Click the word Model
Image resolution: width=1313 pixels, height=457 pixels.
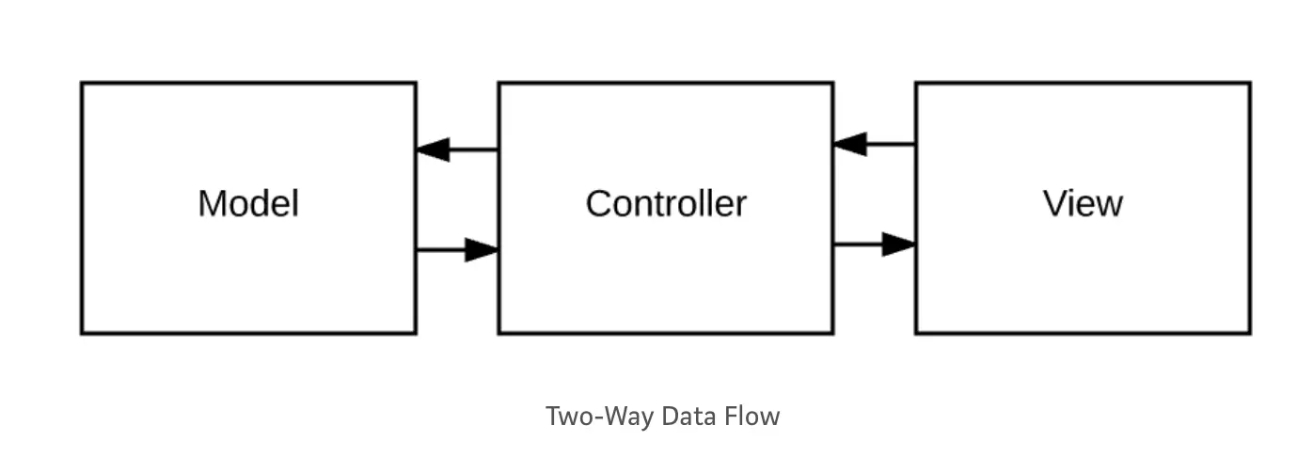click(248, 203)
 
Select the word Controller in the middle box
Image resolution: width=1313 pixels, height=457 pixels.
click(666, 203)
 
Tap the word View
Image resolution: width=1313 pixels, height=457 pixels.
click(1083, 203)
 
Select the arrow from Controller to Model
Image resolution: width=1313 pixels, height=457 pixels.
click(457, 149)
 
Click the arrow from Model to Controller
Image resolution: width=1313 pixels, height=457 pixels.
click(457, 249)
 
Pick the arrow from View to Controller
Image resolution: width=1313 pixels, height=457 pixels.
click(874, 144)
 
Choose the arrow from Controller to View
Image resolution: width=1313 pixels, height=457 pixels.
click(874, 244)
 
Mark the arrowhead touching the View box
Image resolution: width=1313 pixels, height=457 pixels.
click(899, 244)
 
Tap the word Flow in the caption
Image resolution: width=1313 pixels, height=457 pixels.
click(751, 416)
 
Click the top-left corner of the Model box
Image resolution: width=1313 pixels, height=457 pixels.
click(83, 84)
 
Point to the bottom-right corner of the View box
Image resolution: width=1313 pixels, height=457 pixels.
click(1249, 332)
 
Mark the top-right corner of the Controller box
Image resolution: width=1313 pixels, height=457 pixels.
click(831, 84)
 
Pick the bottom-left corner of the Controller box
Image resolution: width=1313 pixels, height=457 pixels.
click(499, 332)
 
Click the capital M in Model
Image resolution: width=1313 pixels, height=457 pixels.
click(211, 203)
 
